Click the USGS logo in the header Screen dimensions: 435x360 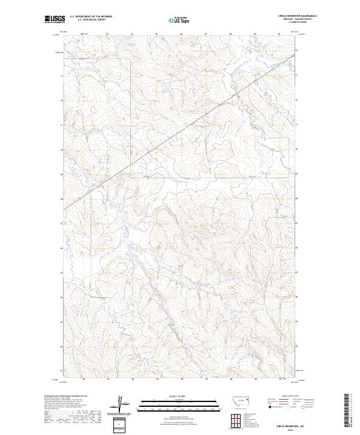click(55, 19)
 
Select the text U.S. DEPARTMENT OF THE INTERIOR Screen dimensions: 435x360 click(91, 16)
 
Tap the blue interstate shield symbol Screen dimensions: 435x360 click(269, 406)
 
